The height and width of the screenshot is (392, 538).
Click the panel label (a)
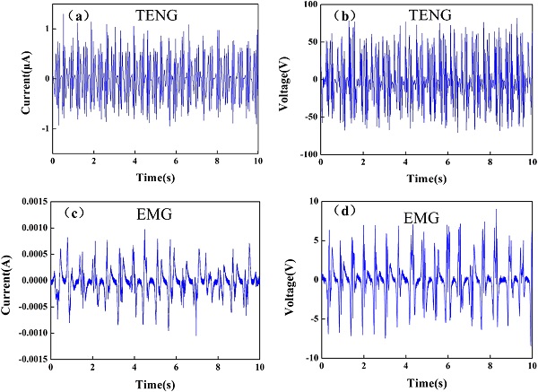71,15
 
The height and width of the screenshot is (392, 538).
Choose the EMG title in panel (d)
418,215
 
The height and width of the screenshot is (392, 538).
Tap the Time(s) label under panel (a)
155,179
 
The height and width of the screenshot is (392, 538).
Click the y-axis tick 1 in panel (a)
42,29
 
